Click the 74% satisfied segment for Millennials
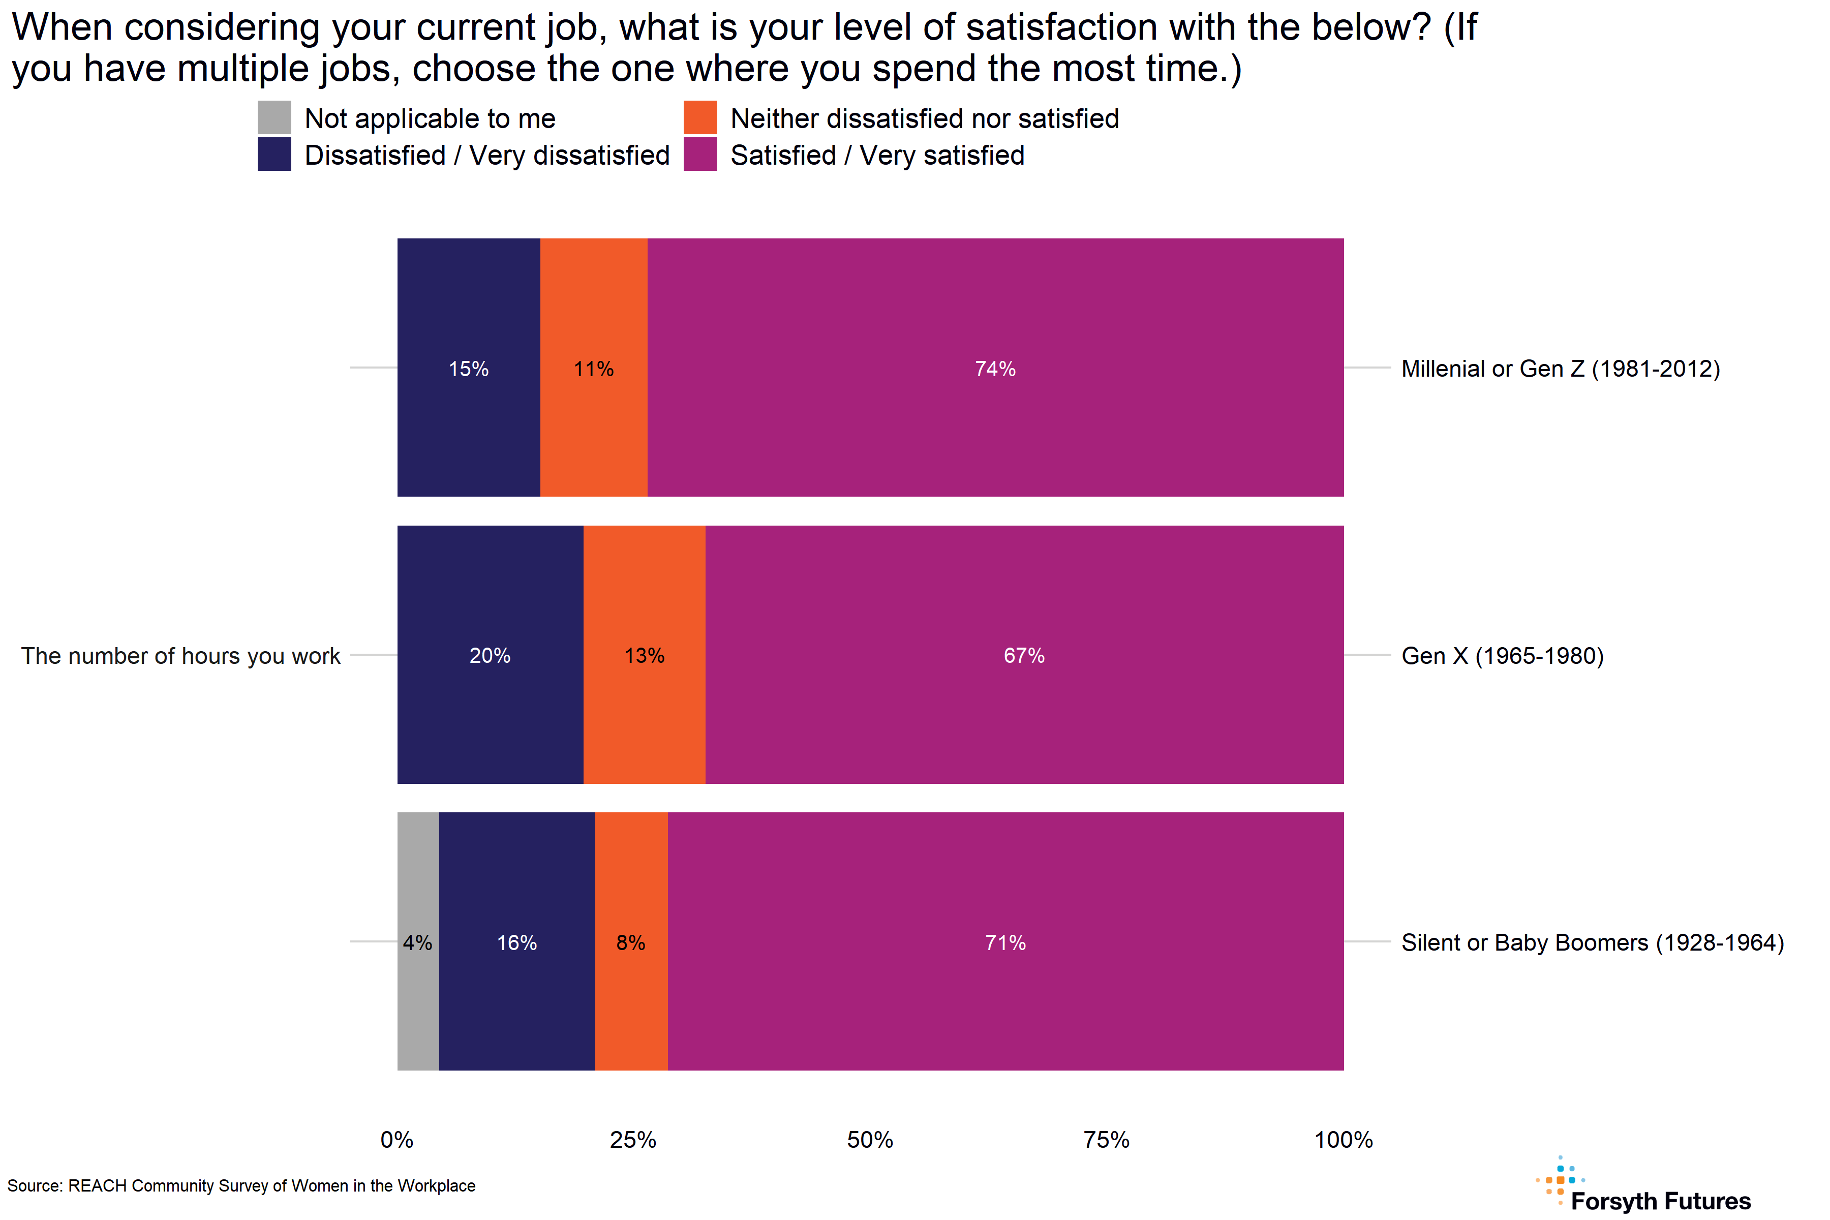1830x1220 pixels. coord(995,367)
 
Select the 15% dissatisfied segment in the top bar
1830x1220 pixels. coord(468,367)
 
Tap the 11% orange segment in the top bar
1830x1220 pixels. coord(594,367)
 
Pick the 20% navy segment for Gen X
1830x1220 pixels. coord(490,654)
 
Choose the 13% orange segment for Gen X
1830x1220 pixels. coord(644,654)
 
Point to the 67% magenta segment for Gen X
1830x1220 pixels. coord(1024,654)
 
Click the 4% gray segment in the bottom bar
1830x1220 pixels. coord(418,941)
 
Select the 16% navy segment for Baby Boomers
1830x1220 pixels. coord(516,941)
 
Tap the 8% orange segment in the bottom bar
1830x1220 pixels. coord(631,941)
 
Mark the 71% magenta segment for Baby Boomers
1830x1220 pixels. coord(1005,941)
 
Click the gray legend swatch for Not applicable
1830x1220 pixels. coord(274,117)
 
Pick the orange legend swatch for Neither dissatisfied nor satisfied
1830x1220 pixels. coord(699,117)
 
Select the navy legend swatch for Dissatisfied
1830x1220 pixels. coord(274,154)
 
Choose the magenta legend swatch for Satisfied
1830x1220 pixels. coord(699,154)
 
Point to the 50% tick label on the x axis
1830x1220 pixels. coord(870,1140)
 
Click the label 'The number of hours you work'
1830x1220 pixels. coord(180,655)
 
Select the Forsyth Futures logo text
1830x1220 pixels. coord(1660,1201)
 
